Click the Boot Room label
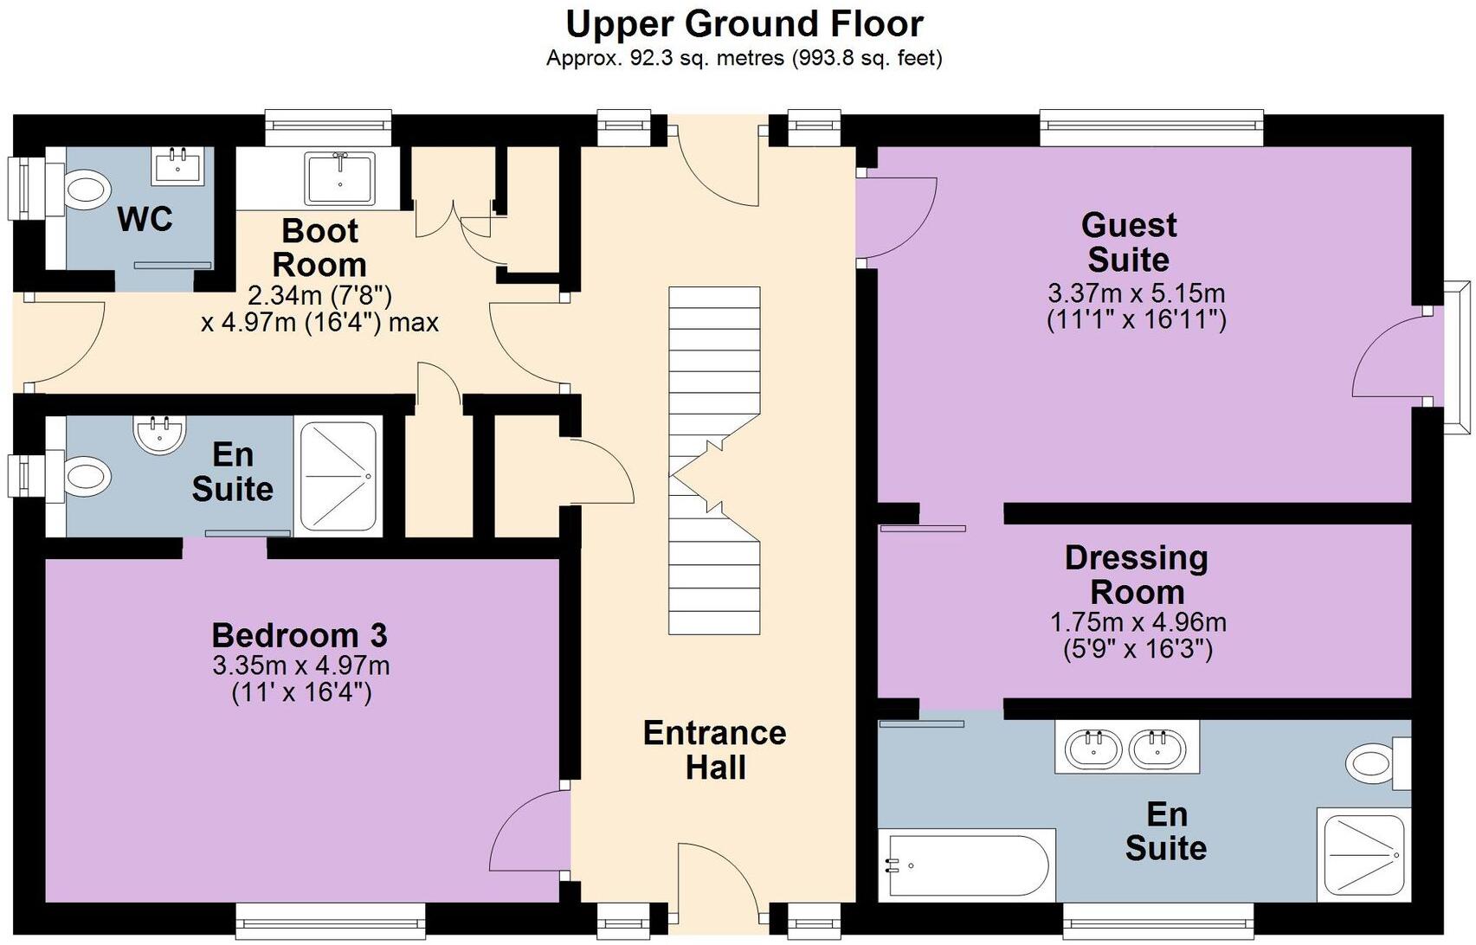[319, 247]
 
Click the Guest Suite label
[1129, 242]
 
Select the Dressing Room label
[1137, 575]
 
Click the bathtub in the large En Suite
[966, 865]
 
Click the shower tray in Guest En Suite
[1363, 855]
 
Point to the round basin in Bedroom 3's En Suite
[160, 433]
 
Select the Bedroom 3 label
[300, 636]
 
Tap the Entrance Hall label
[715, 749]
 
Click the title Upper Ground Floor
[744, 23]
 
